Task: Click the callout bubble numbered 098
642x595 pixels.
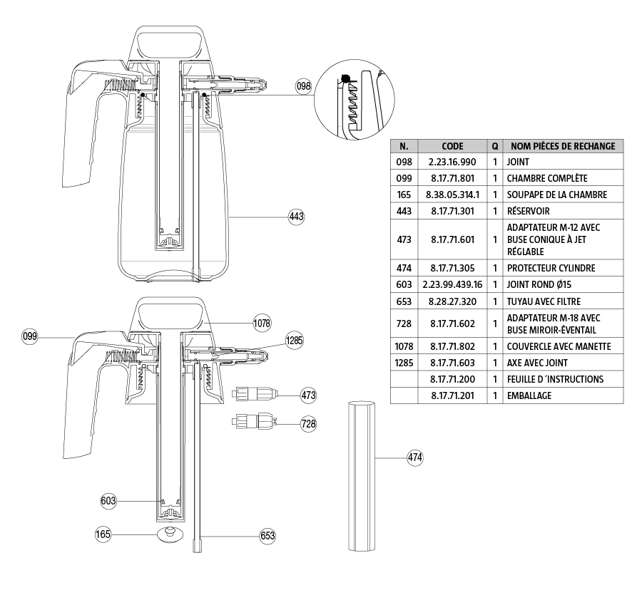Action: pos(305,86)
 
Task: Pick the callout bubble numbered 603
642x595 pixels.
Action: pos(108,502)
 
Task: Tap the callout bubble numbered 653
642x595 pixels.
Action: pos(267,534)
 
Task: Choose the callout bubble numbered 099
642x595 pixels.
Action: pos(30,334)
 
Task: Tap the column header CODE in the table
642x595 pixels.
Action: pos(452,146)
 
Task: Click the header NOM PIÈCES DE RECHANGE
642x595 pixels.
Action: pos(563,146)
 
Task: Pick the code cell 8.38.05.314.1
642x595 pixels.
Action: pos(452,195)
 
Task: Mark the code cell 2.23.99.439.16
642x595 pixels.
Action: pos(452,284)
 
